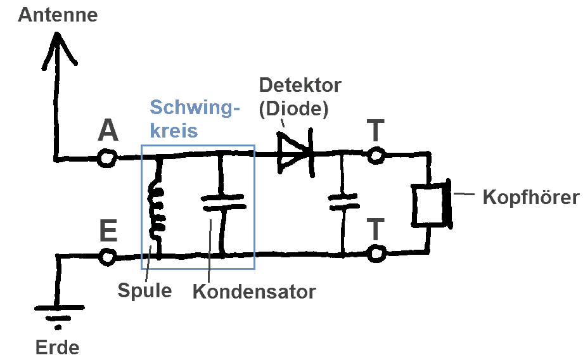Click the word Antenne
click(x=58, y=15)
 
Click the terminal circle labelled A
click(x=107, y=158)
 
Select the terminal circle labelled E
click(x=108, y=257)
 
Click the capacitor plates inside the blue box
click(x=223, y=203)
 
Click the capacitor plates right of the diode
click(x=343, y=202)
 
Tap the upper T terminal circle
click(x=376, y=155)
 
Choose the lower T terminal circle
click(x=376, y=254)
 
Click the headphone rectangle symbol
click(x=432, y=205)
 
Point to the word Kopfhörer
click(x=531, y=197)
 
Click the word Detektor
click(x=300, y=86)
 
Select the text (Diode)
click(x=294, y=108)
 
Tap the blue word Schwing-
click(x=195, y=108)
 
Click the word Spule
click(x=144, y=290)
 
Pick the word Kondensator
click(x=254, y=292)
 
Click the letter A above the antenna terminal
click(x=108, y=131)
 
